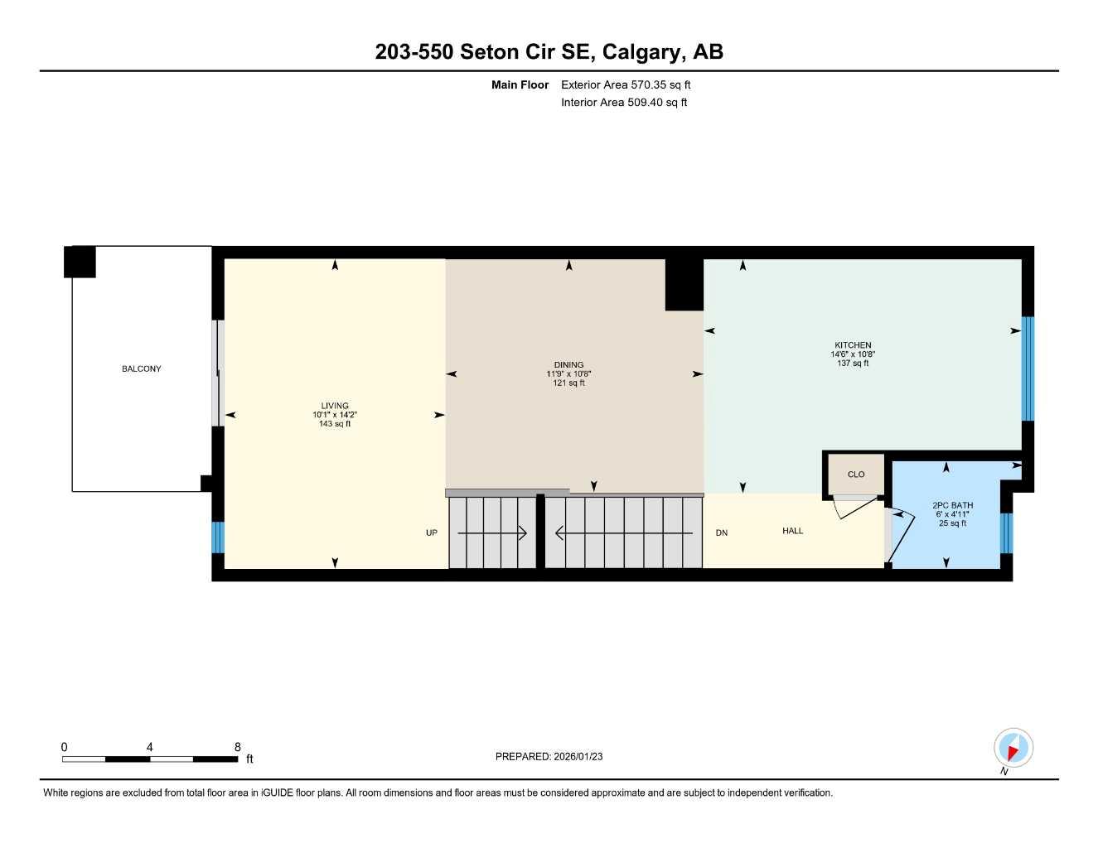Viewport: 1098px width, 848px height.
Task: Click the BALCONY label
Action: click(x=141, y=369)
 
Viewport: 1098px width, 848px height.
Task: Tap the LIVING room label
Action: click(x=335, y=406)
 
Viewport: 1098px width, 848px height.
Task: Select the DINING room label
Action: click(x=568, y=364)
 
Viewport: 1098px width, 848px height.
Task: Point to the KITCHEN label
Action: click(x=853, y=345)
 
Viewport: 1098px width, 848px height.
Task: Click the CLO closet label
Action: click(x=856, y=475)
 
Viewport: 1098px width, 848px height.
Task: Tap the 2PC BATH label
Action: click(x=952, y=505)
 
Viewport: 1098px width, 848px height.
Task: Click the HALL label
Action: click(x=792, y=531)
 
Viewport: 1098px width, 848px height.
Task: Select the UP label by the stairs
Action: click(x=432, y=532)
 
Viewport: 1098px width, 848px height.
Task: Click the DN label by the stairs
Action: click(x=722, y=532)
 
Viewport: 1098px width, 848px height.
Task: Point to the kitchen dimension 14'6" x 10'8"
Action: click(x=853, y=354)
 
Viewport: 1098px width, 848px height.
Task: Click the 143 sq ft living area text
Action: click(x=335, y=424)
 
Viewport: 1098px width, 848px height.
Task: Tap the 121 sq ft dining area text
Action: click(x=568, y=383)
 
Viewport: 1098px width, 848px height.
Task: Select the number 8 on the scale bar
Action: click(x=238, y=747)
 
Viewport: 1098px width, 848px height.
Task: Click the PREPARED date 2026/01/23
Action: click(x=549, y=756)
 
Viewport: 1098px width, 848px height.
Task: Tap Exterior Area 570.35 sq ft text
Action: click(x=626, y=84)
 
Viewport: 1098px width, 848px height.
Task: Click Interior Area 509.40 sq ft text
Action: click(x=624, y=103)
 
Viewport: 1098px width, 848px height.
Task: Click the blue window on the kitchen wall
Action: click(x=1028, y=369)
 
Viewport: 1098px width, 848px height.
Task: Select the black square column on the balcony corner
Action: click(x=80, y=262)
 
